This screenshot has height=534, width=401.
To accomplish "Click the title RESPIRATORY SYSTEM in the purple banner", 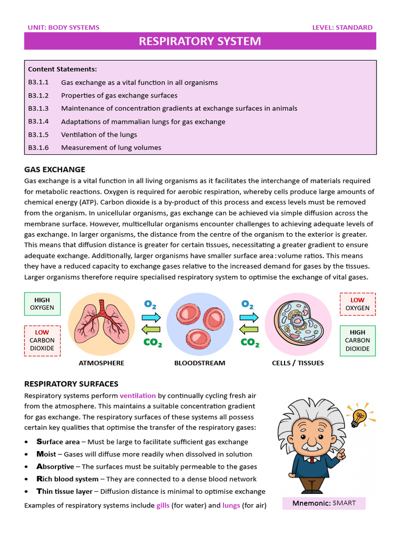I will [200, 41].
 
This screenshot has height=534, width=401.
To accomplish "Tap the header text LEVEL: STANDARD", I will [342, 28].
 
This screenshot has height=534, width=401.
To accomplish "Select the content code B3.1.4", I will [38, 122].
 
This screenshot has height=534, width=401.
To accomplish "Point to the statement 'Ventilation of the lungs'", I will [99, 135].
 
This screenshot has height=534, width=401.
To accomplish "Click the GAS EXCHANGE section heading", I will [55, 169].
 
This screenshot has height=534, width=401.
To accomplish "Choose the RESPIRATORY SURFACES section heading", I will [72, 384].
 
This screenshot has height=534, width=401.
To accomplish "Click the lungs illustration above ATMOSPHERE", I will [101, 324].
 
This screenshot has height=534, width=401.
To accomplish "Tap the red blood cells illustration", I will [200, 324].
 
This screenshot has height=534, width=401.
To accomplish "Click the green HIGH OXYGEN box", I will [42, 304].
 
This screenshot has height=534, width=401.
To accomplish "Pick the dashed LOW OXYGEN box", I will [357, 304].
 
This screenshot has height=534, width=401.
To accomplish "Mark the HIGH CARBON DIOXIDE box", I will [357, 341].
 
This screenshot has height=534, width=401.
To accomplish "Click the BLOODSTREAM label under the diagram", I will [200, 363].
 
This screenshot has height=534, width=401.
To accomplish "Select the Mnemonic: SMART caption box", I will [324, 503].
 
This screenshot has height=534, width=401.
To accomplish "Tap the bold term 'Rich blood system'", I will [67, 479].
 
